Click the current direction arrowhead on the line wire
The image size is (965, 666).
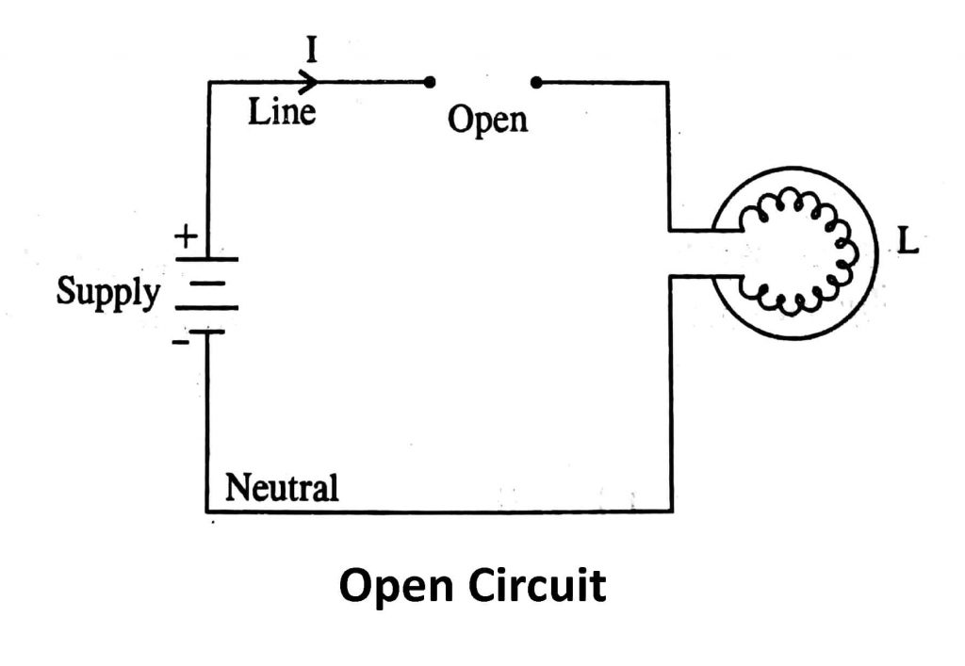tap(308, 82)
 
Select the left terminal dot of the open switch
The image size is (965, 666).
tap(429, 83)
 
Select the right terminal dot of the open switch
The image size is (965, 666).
tap(536, 83)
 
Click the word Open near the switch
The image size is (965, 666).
tap(487, 121)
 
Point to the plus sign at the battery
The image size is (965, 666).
tap(184, 235)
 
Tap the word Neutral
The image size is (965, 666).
tap(281, 489)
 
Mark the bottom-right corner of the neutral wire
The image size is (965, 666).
tap(671, 512)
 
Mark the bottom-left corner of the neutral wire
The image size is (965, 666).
tap(207, 512)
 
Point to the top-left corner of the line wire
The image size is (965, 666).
tap(207, 83)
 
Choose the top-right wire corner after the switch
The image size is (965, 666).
tap(669, 83)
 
